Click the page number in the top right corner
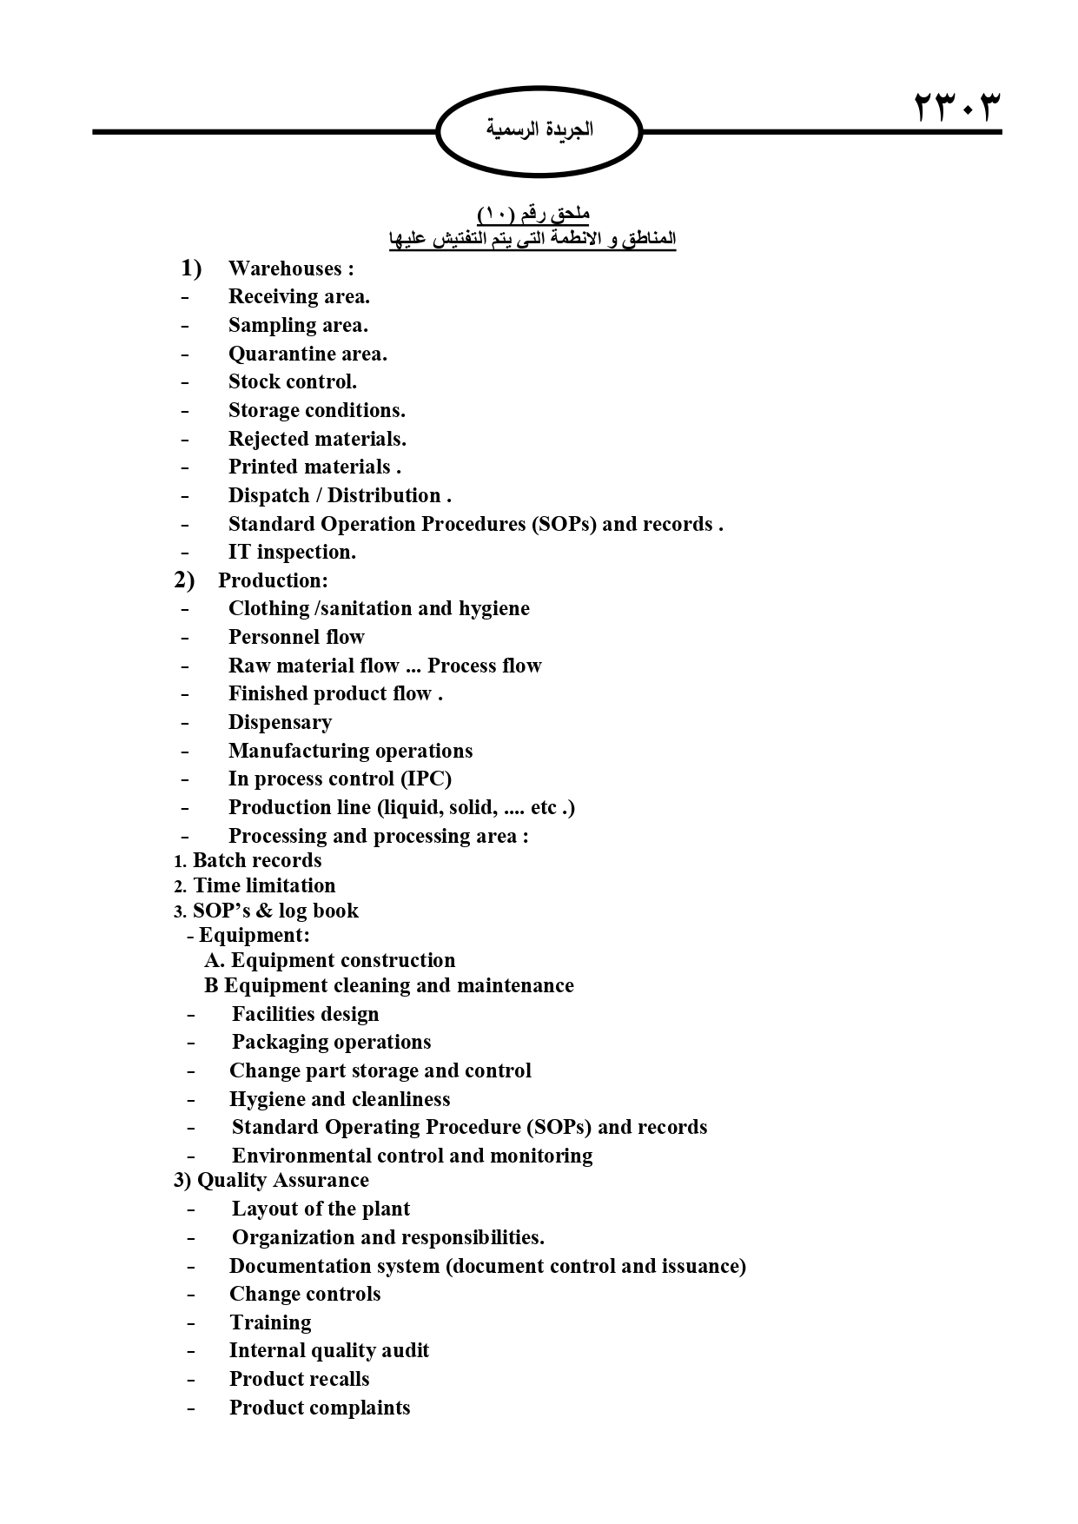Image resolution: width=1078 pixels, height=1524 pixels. point(956,108)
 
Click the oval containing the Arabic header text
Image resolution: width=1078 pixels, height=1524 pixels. point(539,131)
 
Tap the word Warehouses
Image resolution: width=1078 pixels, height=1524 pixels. point(285,268)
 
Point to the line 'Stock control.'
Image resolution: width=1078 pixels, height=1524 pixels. point(292,381)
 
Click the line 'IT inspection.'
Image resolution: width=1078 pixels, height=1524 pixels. point(292,552)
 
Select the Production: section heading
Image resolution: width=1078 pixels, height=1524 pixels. point(272,580)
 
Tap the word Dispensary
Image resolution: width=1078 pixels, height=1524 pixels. point(280,722)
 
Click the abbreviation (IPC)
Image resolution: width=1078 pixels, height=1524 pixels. point(426,779)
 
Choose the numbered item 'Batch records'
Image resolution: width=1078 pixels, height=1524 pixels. point(256,860)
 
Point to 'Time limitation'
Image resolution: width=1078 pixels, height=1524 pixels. point(263,885)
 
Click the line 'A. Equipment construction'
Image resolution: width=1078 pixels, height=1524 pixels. point(329,960)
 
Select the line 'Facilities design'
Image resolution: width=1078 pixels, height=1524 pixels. point(305,1014)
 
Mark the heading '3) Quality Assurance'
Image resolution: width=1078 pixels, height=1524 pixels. point(271,1180)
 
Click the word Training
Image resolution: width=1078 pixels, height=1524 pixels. point(270,1322)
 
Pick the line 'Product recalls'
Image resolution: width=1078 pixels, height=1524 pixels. point(299,1379)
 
